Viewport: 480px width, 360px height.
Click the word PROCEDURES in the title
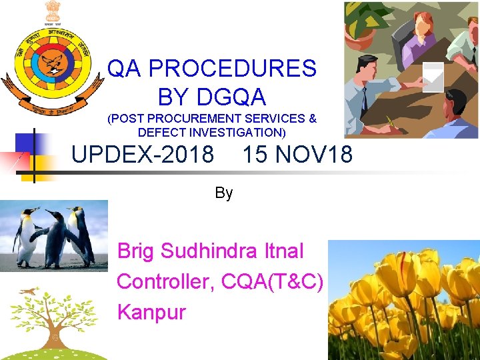232,68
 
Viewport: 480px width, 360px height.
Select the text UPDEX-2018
143,155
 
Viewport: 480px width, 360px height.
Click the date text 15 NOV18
297,155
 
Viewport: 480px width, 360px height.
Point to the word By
224,193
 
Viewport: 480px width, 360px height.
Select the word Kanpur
151,312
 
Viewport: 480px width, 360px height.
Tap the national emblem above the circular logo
52,11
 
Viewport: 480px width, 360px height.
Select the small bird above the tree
27,291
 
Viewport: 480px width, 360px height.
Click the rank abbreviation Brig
136,251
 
